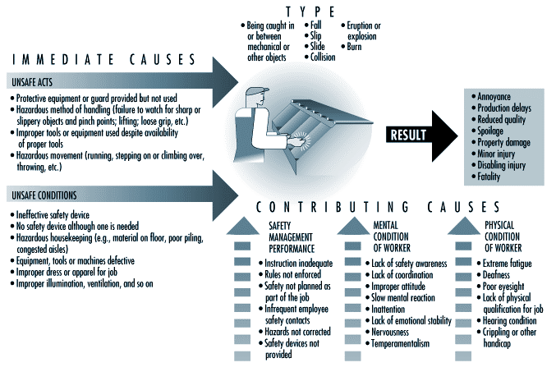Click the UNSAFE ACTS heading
point(32,82)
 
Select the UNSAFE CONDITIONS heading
point(44,195)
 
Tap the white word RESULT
point(408,135)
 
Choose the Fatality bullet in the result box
point(486,177)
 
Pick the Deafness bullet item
point(494,275)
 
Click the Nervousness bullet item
point(387,332)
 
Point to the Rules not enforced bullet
point(290,274)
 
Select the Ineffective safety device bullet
point(50,215)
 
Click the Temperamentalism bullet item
point(397,343)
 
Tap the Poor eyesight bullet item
point(500,286)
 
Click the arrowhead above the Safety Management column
point(242,226)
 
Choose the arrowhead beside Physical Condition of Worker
point(463,226)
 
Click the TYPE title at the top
point(310,12)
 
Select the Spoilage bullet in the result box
point(487,131)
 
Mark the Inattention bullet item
point(385,309)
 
